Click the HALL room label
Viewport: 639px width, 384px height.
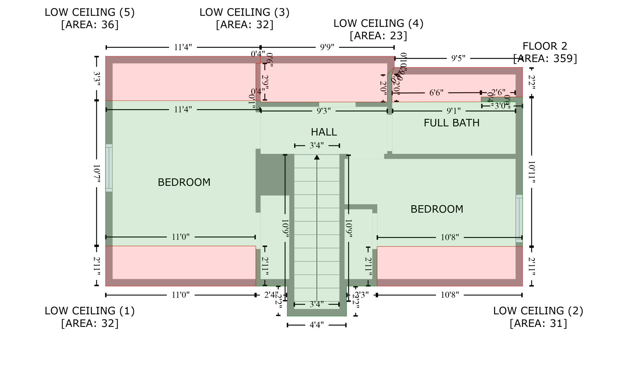[324, 132]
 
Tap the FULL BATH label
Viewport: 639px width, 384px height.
[451, 123]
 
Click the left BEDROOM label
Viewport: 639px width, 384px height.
[184, 182]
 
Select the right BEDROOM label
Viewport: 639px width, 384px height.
[437, 209]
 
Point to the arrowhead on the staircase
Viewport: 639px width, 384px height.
[317, 157]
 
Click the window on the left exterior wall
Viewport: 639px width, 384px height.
[109, 168]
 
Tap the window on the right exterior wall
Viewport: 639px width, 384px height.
[519, 219]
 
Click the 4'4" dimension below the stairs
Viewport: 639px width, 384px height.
[316, 325]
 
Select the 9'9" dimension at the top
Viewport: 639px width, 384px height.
[327, 47]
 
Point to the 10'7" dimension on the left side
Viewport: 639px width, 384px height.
[96, 174]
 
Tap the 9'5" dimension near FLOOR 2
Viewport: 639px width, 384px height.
[458, 58]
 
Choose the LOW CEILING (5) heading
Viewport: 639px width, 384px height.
[90, 12]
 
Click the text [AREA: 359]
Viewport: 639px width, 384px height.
[545, 58]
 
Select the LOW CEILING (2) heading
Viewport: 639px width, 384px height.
[538, 311]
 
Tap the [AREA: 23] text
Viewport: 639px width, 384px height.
[378, 36]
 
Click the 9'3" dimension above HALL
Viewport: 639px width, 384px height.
[324, 111]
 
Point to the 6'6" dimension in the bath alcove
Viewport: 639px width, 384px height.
[436, 93]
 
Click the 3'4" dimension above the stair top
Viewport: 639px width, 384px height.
[316, 145]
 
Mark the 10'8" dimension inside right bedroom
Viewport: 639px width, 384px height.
[449, 237]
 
